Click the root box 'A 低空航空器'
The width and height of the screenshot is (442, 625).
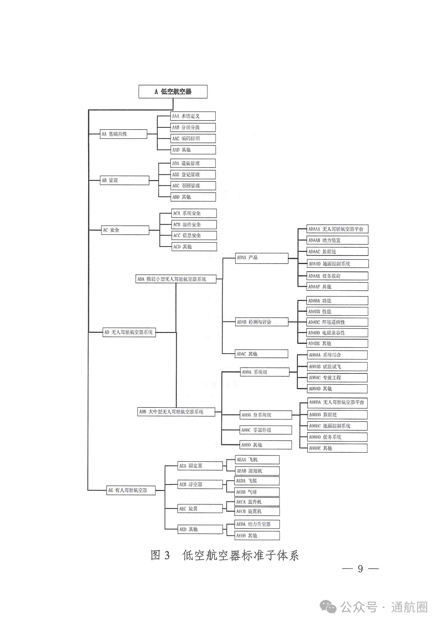click(173, 91)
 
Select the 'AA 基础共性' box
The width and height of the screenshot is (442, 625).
click(123, 134)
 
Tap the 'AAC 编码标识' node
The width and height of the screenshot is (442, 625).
click(193, 139)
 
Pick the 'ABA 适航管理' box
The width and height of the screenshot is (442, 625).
click(193, 163)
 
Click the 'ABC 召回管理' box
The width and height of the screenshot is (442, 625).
click(193, 186)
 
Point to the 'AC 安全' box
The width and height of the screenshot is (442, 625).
click(125, 230)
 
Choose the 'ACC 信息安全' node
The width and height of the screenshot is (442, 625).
click(194, 235)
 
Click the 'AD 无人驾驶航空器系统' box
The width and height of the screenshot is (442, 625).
click(129, 332)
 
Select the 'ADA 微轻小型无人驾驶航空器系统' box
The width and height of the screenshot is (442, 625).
click(176, 279)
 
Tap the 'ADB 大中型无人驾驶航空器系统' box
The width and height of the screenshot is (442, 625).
click(176, 412)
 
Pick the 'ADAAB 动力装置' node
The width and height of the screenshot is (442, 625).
click(337, 240)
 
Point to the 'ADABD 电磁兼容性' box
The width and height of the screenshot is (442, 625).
click(337, 333)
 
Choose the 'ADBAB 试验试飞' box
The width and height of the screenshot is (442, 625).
click(338, 367)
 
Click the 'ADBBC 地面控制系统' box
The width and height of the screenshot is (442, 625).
click(338, 426)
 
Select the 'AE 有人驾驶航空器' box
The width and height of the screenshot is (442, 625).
click(131, 490)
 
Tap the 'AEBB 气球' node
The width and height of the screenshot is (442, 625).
click(257, 492)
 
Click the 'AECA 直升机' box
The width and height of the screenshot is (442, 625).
click(257, 502)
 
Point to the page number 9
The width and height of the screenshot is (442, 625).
click(360, 569)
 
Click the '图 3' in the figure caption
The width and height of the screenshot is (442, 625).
click(160, 555)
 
